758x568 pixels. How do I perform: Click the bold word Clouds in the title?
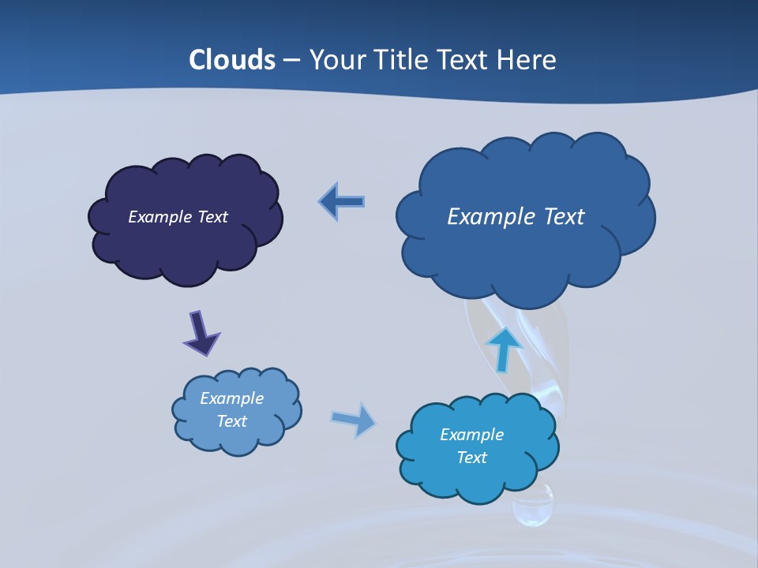coord(232,59)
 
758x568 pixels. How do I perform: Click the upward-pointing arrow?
coord(503,349)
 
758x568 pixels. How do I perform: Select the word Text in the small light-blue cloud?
coord(232,421)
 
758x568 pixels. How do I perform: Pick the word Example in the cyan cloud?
coord(471,435)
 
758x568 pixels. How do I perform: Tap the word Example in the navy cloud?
coord(161,217)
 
